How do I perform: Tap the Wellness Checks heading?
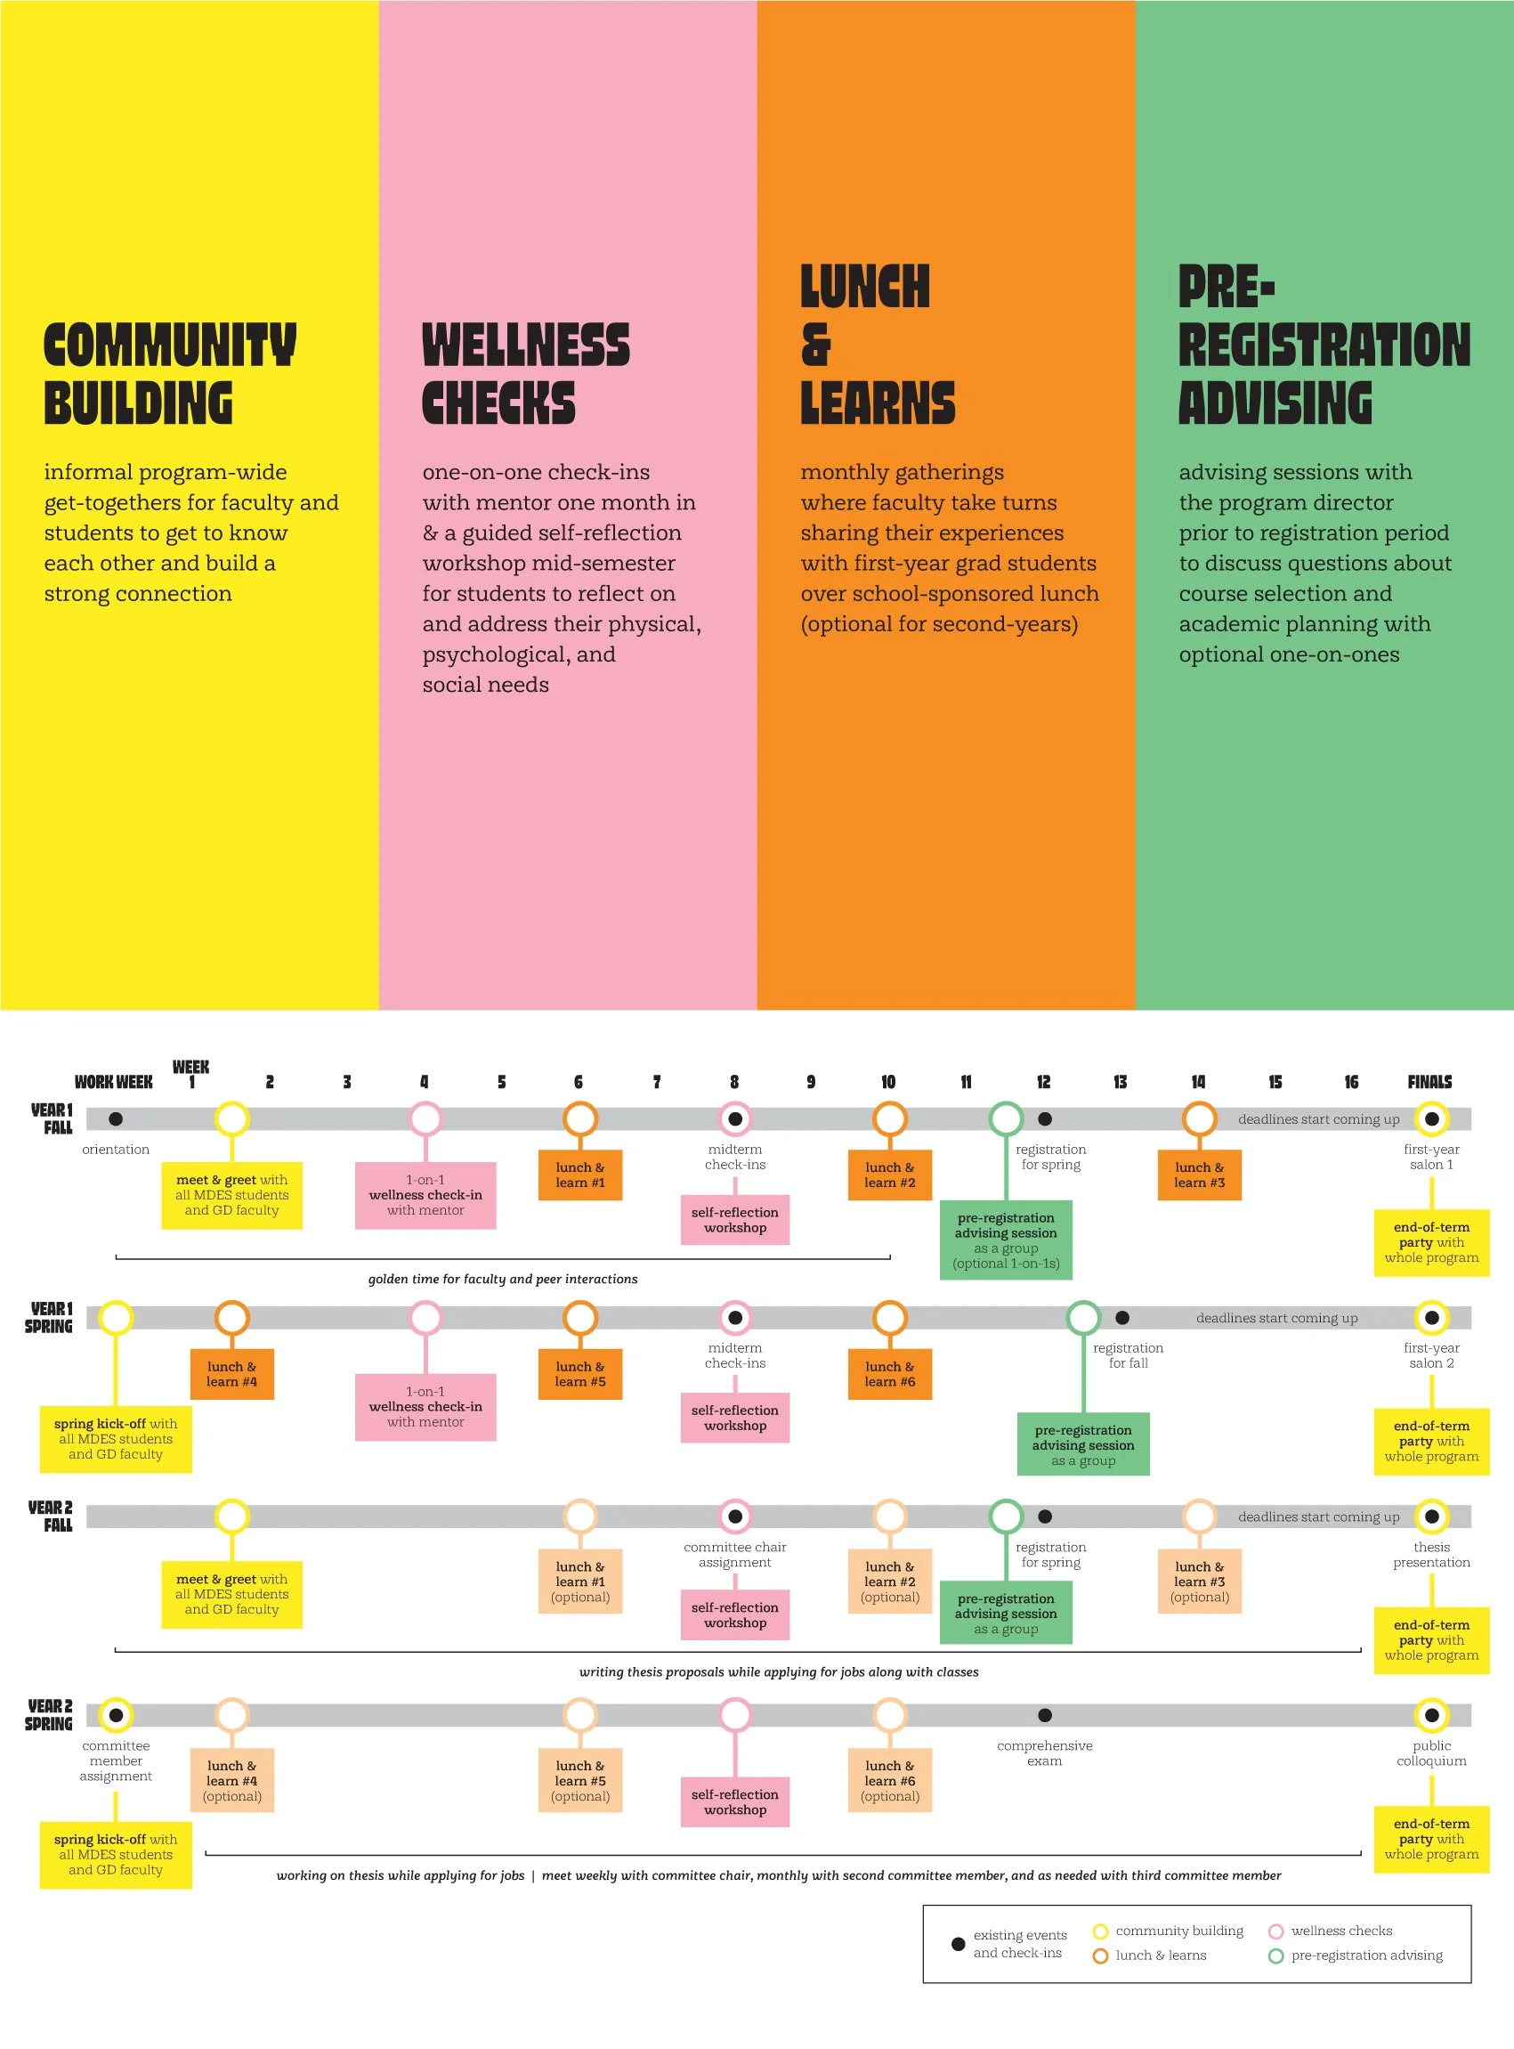click(525, 374)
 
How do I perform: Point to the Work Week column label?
click(114, 1082)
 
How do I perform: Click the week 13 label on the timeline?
click(1120, 1082)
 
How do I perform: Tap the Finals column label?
click(1429, 1082)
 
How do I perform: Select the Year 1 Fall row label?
click(53, 1118)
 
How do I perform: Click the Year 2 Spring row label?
click(50, 1714)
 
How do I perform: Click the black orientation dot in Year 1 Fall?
click(116, 1118)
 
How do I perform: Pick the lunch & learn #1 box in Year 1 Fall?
click(580, 1175)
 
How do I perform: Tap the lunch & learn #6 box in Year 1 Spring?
click(889, 1373)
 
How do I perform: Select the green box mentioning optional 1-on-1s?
click(1006, 1240)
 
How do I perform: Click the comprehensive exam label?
click(1044, 1752)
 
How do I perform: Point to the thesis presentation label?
click(1430, 1554)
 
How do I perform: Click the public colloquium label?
click(1430, 1752)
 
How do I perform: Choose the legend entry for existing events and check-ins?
click(1018, 1944)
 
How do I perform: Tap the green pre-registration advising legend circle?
click(1275, 1955)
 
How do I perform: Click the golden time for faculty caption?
click(502, 1279)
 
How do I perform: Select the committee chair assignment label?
click(734, 1554)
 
